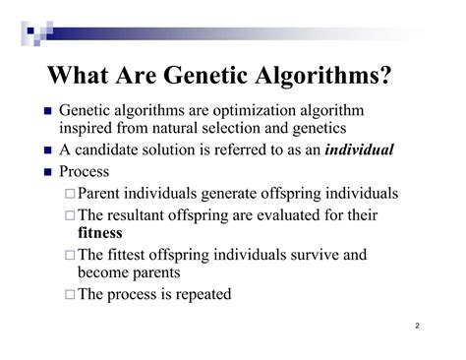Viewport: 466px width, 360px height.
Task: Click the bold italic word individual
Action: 354,150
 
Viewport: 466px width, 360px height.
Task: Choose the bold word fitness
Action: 100,233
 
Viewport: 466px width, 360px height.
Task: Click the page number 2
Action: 417,326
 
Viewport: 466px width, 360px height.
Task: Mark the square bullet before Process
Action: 46,172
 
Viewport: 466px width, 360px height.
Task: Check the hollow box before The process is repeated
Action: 69,294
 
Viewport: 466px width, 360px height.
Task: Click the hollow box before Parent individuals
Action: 69,194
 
